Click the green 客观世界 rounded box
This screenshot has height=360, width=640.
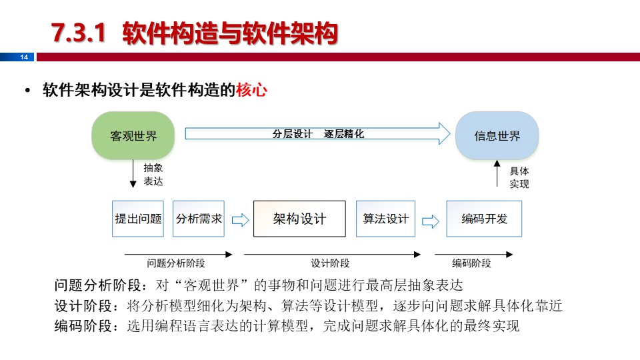133,136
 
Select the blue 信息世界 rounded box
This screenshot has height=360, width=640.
497,136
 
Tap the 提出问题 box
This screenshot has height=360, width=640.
138,219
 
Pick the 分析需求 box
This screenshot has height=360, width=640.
199,219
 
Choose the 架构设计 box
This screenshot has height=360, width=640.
299,219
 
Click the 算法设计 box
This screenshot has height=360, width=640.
385,219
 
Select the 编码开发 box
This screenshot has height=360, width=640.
484,219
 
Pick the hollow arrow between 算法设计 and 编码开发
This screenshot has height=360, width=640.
431,219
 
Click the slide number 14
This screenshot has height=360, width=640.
25,57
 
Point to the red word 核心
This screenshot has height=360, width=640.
251,90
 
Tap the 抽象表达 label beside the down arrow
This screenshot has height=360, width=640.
153,175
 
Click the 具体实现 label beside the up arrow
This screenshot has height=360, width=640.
519,177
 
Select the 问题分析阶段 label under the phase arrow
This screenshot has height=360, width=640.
176,263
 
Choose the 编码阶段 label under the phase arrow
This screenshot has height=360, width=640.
471,263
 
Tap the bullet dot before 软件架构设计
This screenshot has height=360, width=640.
28,91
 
